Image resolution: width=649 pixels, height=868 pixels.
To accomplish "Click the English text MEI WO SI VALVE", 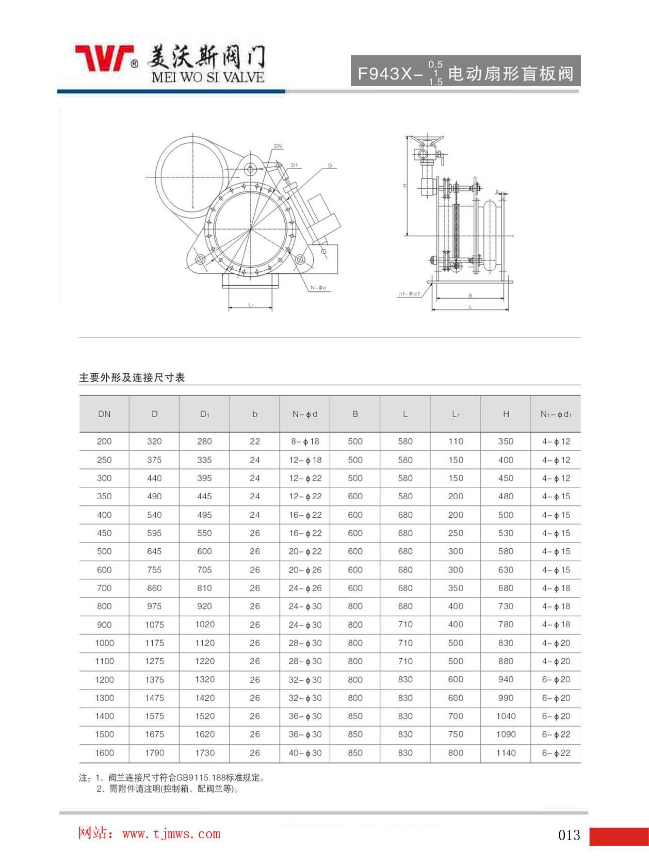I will point(208,77).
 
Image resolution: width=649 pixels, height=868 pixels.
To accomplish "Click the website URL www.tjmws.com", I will point(171,833).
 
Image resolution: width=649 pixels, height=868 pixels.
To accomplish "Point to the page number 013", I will point(569,835).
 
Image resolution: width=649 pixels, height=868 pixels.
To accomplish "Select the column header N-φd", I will point(305,414).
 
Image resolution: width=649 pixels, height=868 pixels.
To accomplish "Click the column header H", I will point(506,414).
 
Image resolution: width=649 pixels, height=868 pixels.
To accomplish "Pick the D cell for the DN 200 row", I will point(154,441).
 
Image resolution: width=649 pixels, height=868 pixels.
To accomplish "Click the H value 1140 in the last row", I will point(506,753).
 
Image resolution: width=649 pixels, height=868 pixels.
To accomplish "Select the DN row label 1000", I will point(104,643).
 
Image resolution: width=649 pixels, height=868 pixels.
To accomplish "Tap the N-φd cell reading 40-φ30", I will point(305,753).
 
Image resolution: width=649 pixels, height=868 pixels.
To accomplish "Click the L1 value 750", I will point(456,734).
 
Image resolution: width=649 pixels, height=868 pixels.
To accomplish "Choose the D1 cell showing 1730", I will point(205,753).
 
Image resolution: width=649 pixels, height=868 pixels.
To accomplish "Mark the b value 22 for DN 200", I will point(255,441).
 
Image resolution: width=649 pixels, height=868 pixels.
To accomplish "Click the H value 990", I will point(506,698).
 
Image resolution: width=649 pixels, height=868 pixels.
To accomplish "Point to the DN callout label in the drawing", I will point(278,146).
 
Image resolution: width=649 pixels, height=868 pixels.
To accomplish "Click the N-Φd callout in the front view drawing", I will point(319,288).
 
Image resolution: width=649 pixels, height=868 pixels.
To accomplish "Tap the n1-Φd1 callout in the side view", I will point(409,294).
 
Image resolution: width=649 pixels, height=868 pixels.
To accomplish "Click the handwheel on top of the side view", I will point(427,139).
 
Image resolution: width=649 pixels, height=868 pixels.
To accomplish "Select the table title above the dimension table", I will point(132,378).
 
